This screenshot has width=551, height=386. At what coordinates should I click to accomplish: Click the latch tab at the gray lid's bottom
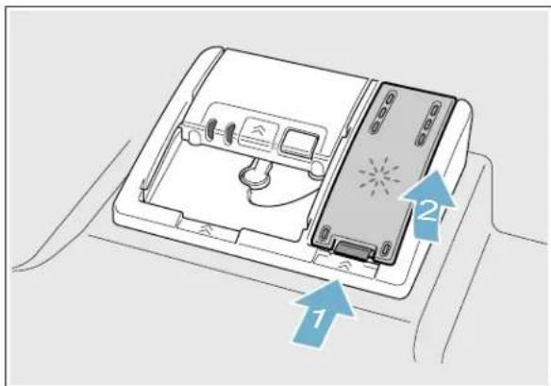[356, 248]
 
